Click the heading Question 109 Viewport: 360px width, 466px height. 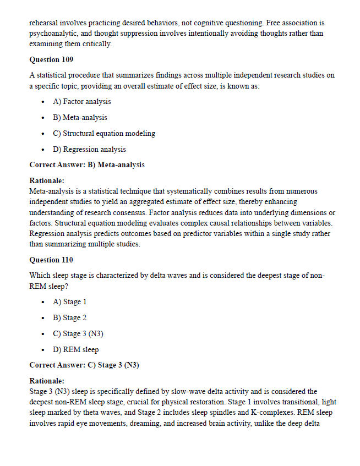click(x=51, y=59)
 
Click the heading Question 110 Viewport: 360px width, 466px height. click(x=51, y=260)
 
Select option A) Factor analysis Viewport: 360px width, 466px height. click(x=82, y=101)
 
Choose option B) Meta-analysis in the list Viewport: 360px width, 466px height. click(x=80, y=117)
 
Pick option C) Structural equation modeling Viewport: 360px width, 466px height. click(x=104, y=133)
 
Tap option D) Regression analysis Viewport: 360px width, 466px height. click(x=89, y=149)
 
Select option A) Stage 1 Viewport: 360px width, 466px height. click(x=70, y=301)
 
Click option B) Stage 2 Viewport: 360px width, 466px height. click(x=70, y=317)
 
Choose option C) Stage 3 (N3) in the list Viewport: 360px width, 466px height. click(x=78, y=333)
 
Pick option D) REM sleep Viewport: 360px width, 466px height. click(x=76, y=349)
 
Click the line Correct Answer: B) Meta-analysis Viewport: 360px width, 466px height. click(x=87, y=165)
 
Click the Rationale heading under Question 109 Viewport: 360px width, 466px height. click(x=47, y=180)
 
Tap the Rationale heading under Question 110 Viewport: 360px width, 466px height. click(x=47, y=381)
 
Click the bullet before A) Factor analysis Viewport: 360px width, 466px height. click(x=43, y=102)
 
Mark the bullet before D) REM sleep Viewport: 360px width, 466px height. click(x=43, y=350)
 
